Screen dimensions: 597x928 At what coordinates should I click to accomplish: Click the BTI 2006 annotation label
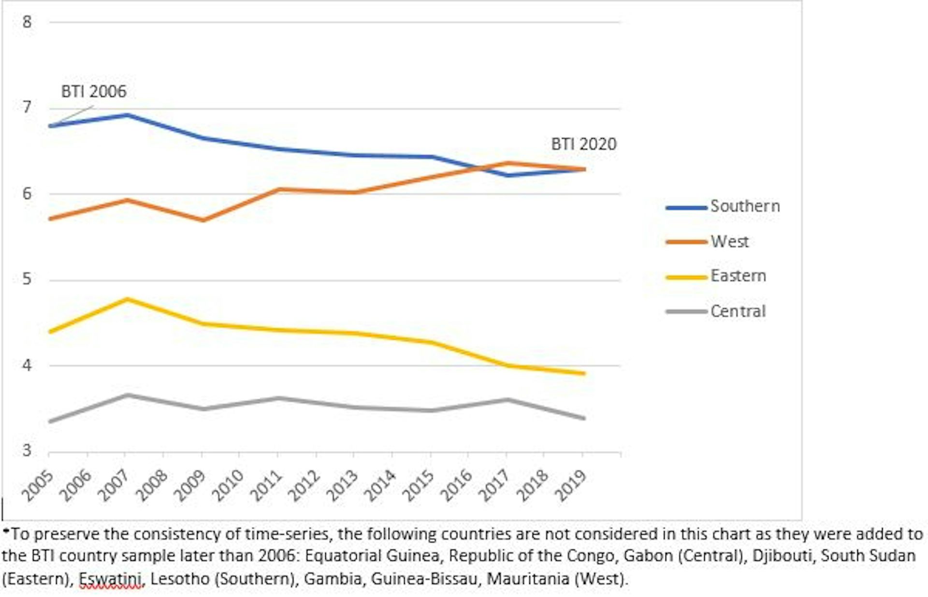click(x=93, y=91)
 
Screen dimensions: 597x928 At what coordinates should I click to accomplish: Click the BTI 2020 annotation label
click(x=583, y=144)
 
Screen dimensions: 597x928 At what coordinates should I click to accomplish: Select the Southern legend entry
click(x=744, y=206)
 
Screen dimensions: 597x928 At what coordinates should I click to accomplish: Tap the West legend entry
click(x=729, y=241)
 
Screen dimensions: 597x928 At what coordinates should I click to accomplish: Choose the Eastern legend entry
click(x=738, y=276)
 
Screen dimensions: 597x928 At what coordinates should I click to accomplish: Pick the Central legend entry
click(x=738, y=311)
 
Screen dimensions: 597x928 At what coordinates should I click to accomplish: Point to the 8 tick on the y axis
click(x=27, y=22)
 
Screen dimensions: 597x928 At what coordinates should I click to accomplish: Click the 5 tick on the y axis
click(x=27, y=279)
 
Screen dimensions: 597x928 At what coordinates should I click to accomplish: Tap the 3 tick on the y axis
click(x=27, y=451)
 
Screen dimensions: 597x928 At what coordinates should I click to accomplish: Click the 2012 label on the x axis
click(x=304, y=485)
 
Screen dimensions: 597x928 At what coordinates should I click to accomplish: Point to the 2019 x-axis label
click(x=571, y=485)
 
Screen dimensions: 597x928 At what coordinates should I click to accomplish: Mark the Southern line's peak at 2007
click(x=126, y=115)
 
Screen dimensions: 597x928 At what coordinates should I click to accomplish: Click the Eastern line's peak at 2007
click(x=126, y=299)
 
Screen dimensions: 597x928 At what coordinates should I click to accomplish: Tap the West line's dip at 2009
click(x=203, y=220)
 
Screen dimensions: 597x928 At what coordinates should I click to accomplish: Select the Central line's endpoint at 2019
click(x=583, y=418)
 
